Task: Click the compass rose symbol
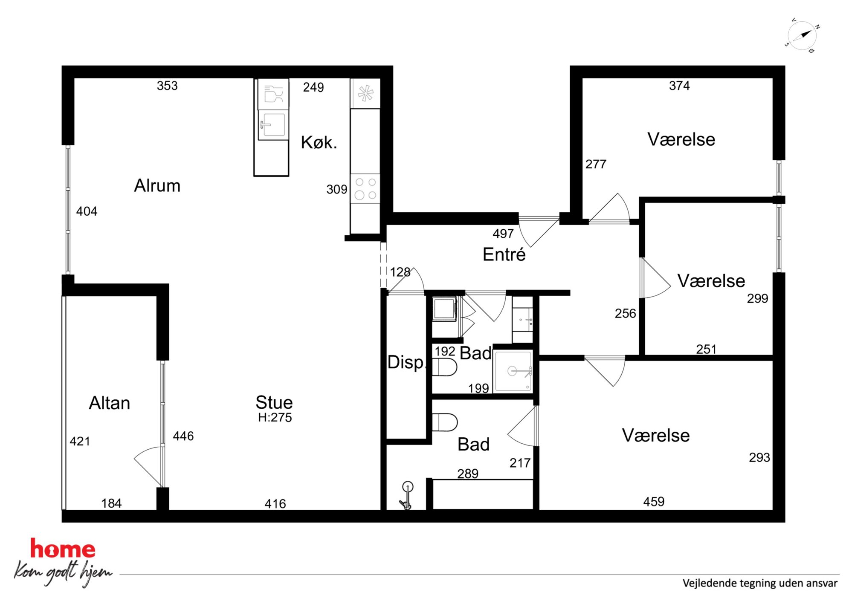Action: point(802,36)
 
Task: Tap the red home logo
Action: point(63,549)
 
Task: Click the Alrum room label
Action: point(157,186)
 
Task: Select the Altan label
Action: point(110,403)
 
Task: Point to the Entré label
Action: point(504,254)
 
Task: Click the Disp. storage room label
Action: point(406,362)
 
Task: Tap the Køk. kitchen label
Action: point(319,142)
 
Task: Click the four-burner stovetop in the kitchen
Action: point(365,188)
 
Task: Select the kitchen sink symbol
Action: point(273,124)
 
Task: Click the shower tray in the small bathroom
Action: point(513,371)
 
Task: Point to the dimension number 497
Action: point(503,234)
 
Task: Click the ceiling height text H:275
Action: point(275,417)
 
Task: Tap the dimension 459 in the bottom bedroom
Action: point(654,502)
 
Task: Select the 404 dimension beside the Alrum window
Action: point(87,211)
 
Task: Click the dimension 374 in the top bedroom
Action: point(679,86)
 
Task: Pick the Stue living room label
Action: point(274,402)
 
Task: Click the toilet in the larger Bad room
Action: point(445,422)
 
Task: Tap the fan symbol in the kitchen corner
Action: point(365,93)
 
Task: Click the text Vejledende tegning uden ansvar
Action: point(760,583)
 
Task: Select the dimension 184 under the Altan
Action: point(111,503)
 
